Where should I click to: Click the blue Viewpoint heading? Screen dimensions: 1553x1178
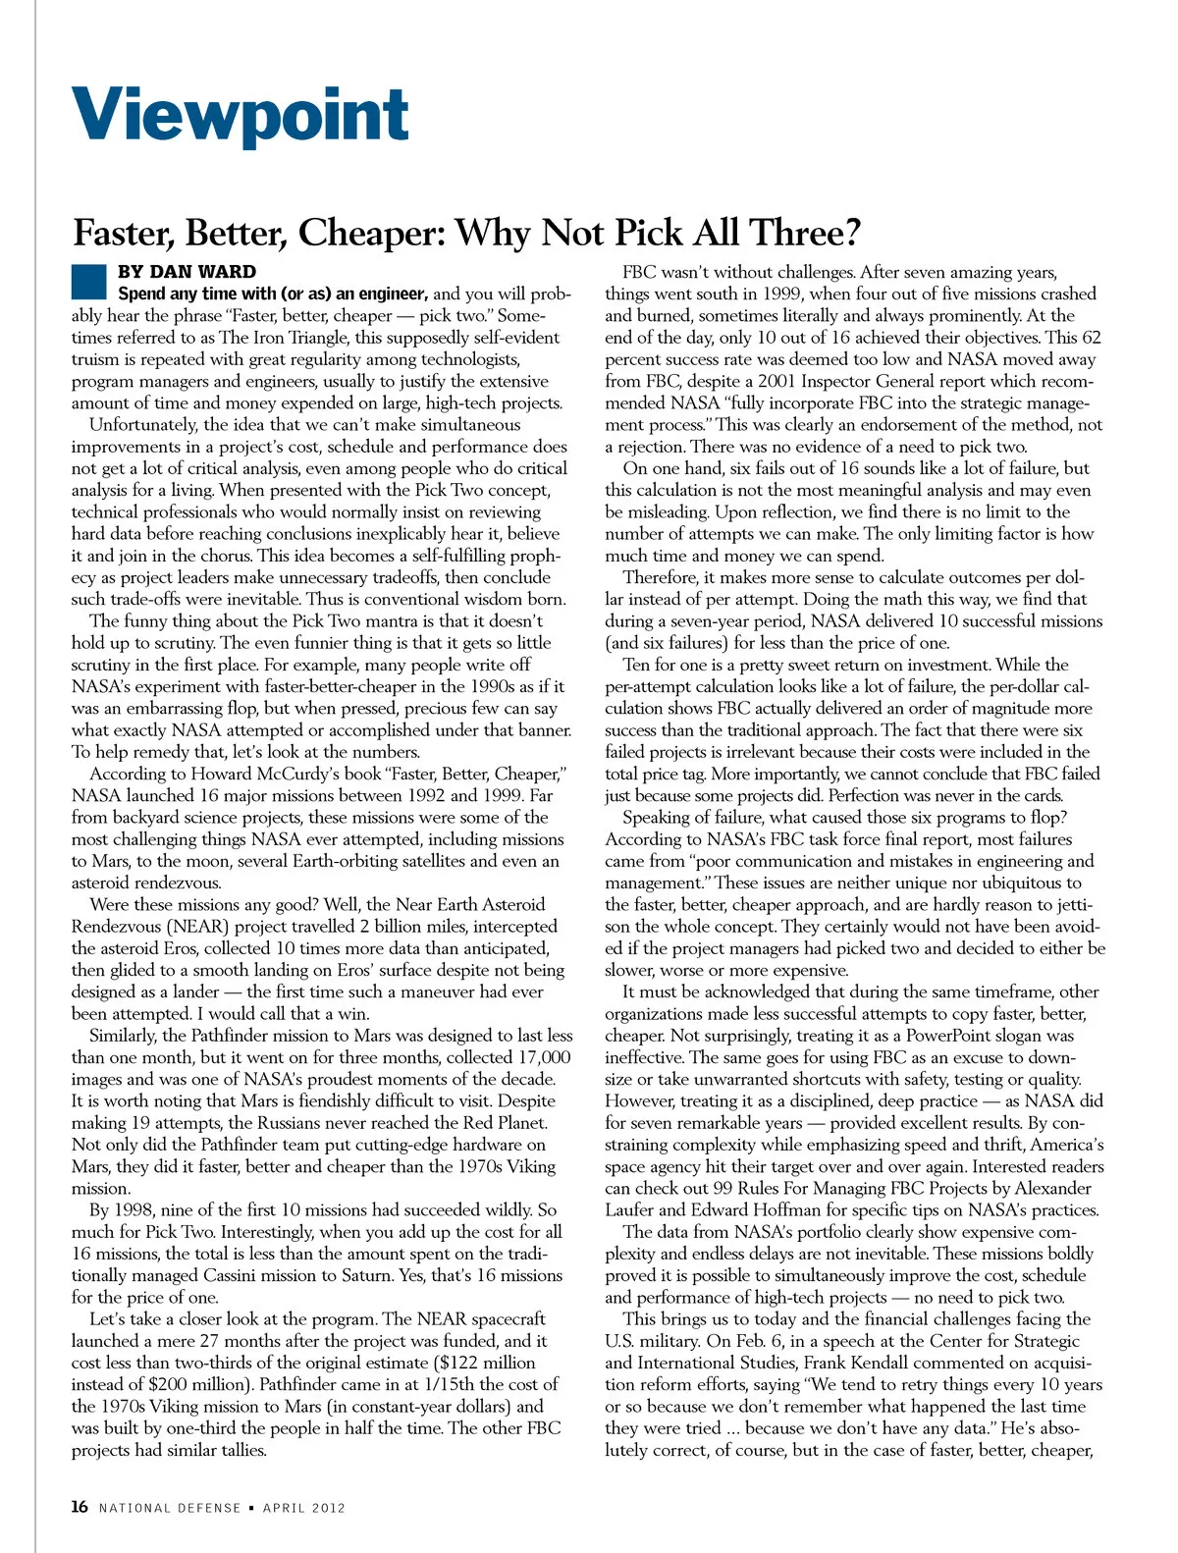pyautogui.click(x=241, y=116)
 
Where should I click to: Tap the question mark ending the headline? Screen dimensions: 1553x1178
pyautogui.click(x=851, y=233)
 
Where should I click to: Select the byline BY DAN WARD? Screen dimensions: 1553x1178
pyautogui.click(x=187, y=272)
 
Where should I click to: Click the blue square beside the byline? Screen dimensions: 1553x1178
pyautogui.click(x=88, y=281)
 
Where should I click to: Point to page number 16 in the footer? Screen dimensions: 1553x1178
pyautogui.click(x=80, y=1507)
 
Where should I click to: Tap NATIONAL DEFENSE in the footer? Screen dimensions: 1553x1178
pyautogui.click(x=170, y=1508)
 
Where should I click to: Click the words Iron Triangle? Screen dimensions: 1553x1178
pyautogui.click(x=242, y=338)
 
